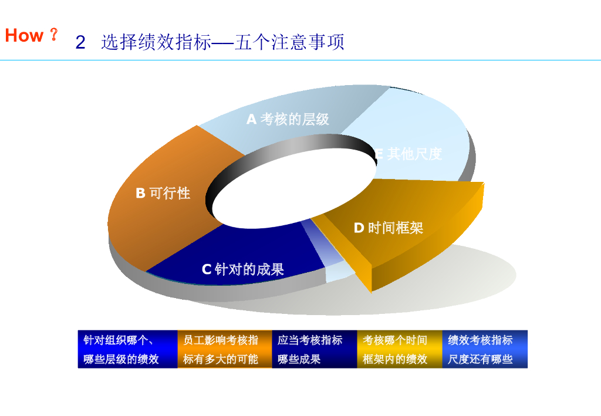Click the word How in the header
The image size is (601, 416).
click(24, 35)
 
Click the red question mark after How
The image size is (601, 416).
click(53, 35)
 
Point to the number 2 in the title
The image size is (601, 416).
click(80, 43)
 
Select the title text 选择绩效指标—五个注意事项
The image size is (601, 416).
click(222, 42)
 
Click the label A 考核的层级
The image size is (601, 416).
click(288, 120)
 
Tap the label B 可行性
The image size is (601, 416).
click(163, 193)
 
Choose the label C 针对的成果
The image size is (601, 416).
click(243, 269)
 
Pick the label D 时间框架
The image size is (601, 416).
click(389, 228)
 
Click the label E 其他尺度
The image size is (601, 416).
click(408, 154)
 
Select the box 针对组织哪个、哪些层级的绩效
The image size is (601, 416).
click(127, 350)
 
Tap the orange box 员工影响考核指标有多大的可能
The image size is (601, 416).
click(225, 350)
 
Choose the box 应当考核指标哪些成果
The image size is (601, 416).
click(315, 350)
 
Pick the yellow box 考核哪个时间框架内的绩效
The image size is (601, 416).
click(399, 350)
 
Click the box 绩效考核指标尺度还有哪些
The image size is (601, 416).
click(485, 350)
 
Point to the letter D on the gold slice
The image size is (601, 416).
click(359, 228)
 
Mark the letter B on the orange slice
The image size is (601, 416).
click(140, 193)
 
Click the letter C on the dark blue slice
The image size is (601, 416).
click(206, 269)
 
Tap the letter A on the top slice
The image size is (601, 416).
click(251, 120)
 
